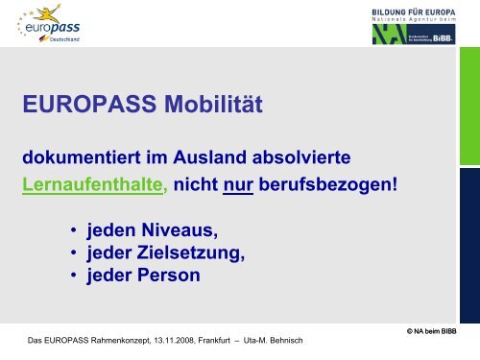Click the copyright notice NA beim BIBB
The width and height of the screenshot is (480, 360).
point(445,330)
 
